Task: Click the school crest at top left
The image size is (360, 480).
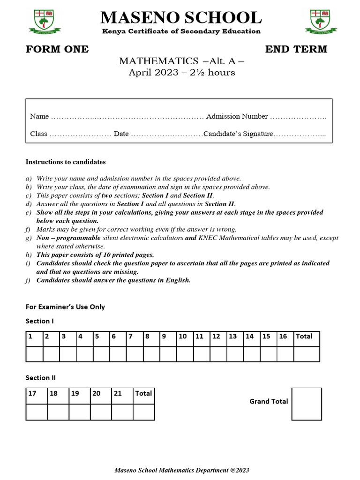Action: click(45, 22)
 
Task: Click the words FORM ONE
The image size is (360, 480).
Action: click(57, 49)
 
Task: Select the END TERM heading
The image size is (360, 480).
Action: click(296, 49)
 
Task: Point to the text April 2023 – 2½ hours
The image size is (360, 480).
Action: click(182, 73)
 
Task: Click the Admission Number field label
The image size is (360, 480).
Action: click(237, 116)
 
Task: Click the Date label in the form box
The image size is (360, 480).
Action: click(121, 134)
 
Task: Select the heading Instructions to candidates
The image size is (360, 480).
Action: click(65, 162)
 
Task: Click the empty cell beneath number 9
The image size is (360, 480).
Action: click(168, 354)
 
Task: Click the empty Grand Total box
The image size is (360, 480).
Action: click(307, 404)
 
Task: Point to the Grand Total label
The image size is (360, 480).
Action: click(269, 401)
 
